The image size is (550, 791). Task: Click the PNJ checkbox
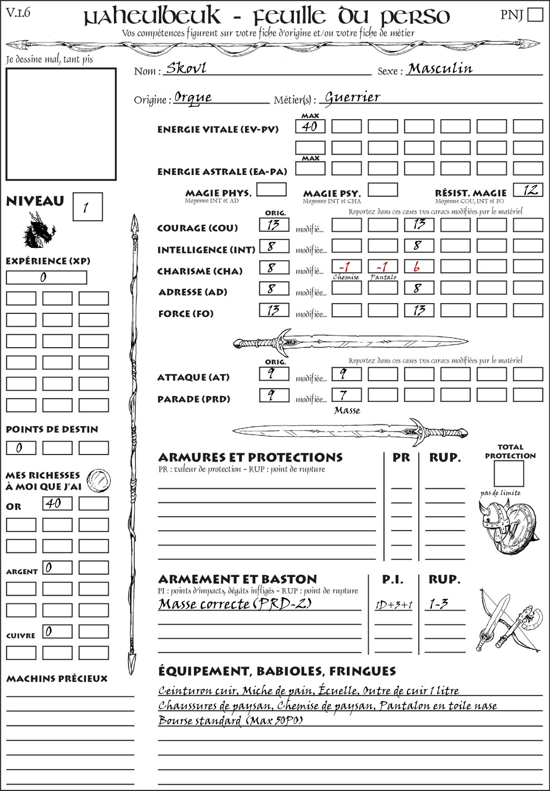[x=535, y=14]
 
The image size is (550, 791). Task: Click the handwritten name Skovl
[x=186, y=68]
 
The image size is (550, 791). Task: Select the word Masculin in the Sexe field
[x=440, y=68]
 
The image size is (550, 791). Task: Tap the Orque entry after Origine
[x=193, y=98]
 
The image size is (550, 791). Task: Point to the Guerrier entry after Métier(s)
[x=352, y=97]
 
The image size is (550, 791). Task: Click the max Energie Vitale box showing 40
[x=310, y=127]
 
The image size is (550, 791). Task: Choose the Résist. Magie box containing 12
[x=528, y=189]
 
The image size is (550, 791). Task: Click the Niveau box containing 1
[x=87, y=207]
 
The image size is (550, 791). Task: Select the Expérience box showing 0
[x=46, y=277]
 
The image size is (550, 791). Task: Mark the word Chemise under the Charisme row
[x=346, y=277]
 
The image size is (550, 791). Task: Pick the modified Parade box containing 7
[x=346, y=395]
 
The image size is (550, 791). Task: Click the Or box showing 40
[x=57, y=503]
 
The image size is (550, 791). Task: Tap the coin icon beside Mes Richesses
[x=99, y=480]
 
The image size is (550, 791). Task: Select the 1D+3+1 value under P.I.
[x=394, y=605]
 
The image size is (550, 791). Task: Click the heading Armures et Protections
[x=250, y=458]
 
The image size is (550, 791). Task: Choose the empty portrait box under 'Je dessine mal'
[x=61, y=124]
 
